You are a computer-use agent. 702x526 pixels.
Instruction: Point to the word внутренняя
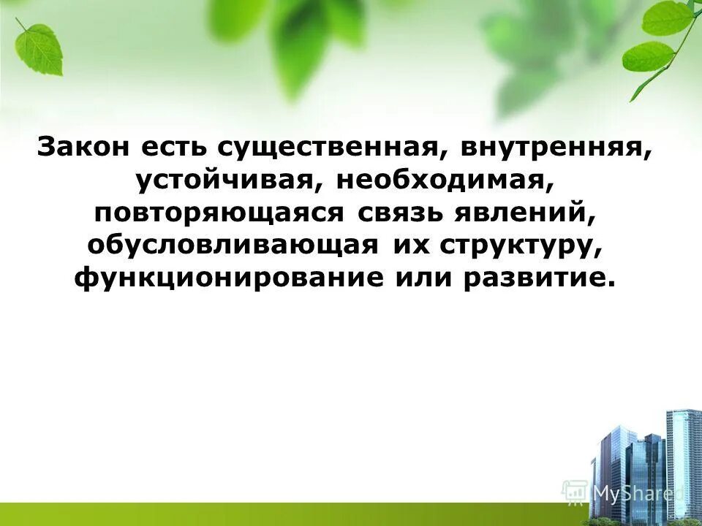(x=556, y=146)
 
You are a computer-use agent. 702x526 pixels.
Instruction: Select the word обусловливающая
(x=233, y=245)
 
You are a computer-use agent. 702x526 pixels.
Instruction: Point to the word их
(x=411, y=245)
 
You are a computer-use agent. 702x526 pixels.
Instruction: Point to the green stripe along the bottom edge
(x=292, y=515)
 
